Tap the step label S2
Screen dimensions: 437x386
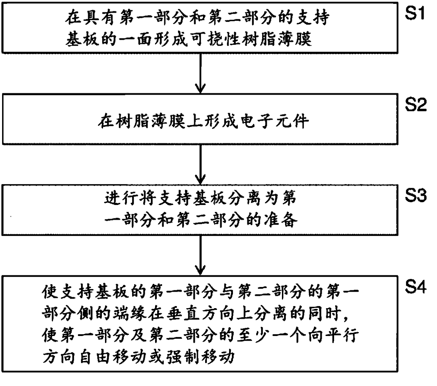pos(416,105)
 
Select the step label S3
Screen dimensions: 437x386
pos(416,195)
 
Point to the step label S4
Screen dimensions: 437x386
pos(416,287)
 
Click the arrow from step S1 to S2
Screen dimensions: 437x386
pos(200,73)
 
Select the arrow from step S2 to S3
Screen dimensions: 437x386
pos(200,164)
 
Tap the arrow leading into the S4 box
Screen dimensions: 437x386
pos(200,255)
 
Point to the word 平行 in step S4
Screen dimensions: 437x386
pos(343,335)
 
